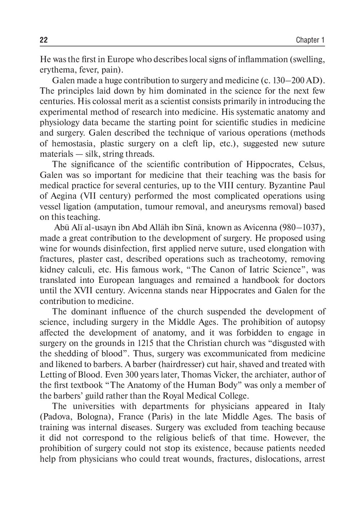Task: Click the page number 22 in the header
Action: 44,40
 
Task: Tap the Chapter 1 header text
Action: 310,40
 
